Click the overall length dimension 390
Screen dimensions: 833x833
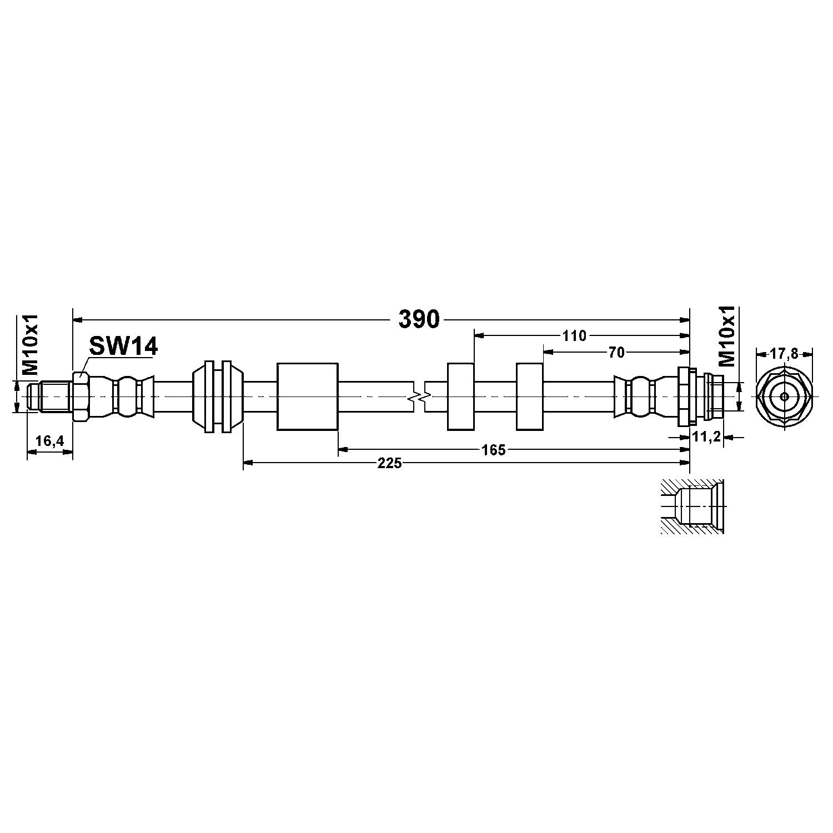coord(419,319)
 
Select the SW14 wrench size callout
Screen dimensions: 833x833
coord(123,347)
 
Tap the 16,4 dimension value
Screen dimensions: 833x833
coord(50,441)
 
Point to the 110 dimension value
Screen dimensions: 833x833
coord(574,335)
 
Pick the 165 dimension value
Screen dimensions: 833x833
coord(494,450)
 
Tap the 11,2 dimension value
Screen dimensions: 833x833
coord(706,437)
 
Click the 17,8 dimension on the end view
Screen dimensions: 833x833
coord(784,354)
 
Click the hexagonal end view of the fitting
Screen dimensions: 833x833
coord(784,397)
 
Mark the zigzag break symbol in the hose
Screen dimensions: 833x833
coord(419,397)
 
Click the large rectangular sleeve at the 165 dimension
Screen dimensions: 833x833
coord(307,397)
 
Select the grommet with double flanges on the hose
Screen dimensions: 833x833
coord(217,397)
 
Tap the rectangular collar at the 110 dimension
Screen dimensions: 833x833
coord(460,397)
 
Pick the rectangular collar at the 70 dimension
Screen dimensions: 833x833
coord(529,397)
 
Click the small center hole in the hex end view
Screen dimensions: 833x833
coord(784,397)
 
